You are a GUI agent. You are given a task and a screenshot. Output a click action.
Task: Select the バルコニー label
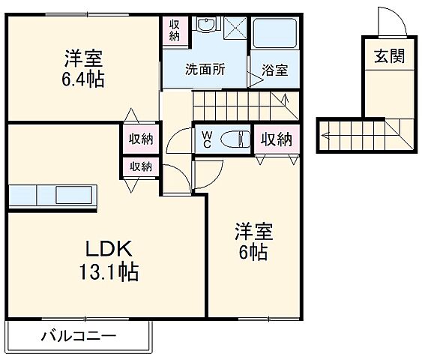point(78,335)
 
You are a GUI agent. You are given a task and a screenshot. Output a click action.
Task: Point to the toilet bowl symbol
point(235,139)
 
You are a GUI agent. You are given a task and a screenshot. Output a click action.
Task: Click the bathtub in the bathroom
point(275,34)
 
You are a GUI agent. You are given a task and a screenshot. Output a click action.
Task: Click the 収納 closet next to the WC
point(275,139)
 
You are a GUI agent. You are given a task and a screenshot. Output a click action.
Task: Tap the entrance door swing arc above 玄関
point(394,20)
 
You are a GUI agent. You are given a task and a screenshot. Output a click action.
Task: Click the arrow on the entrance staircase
point(327,136)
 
